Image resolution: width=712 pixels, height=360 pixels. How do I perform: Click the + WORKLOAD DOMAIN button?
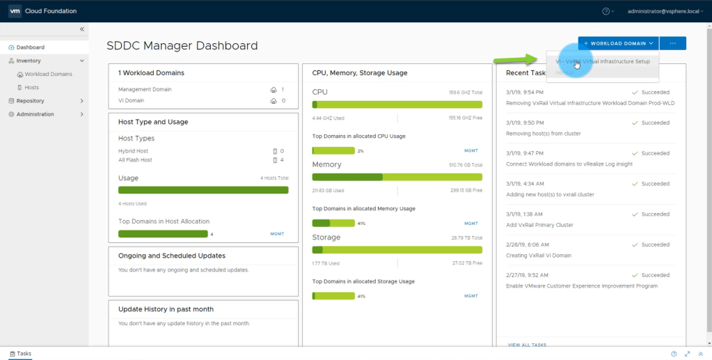pos(618,43)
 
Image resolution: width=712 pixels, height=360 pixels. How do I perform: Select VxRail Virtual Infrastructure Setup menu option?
pos(603,61)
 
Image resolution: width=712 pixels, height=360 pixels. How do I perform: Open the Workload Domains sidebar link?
pos(48,74)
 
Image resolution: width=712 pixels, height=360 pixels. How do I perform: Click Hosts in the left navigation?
pos(32,87)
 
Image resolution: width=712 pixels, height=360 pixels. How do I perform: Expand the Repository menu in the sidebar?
pos(31,100)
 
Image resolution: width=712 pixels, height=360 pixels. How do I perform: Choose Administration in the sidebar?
pos(35,114)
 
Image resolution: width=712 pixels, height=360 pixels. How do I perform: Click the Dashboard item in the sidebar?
pos(30,47)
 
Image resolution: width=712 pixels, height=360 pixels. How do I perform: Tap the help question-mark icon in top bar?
pos(606,11)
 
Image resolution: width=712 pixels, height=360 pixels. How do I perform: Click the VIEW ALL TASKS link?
pos(527,345)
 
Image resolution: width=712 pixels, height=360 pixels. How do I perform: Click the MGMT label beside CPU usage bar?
pos(471,150)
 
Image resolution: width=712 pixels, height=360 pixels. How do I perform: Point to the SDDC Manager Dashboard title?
pos(182,46)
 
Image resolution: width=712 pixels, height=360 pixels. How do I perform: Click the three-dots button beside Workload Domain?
pos(673,43)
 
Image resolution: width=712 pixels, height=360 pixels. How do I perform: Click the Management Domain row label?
pos(145,89)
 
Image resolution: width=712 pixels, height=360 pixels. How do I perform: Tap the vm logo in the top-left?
pos(15,11)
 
